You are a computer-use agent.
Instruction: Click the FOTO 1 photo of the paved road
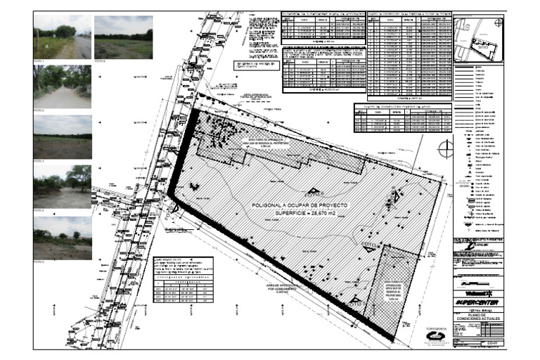[x=62, y=37]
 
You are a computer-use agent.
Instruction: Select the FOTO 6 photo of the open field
[x=123, y=37]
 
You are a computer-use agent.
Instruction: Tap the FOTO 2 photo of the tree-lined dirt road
[x=62, y=86]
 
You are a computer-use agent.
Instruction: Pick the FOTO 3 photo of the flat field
[x=62, y=137]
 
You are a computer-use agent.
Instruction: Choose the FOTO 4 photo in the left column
[x=62, y=186]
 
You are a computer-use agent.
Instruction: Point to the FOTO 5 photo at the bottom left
[x=62, y=238]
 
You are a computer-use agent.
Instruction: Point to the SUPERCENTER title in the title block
[x=479, y=302]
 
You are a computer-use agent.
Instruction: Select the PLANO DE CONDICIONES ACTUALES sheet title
[x=479, y=323]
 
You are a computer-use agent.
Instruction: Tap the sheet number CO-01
[x=491, y=342]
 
